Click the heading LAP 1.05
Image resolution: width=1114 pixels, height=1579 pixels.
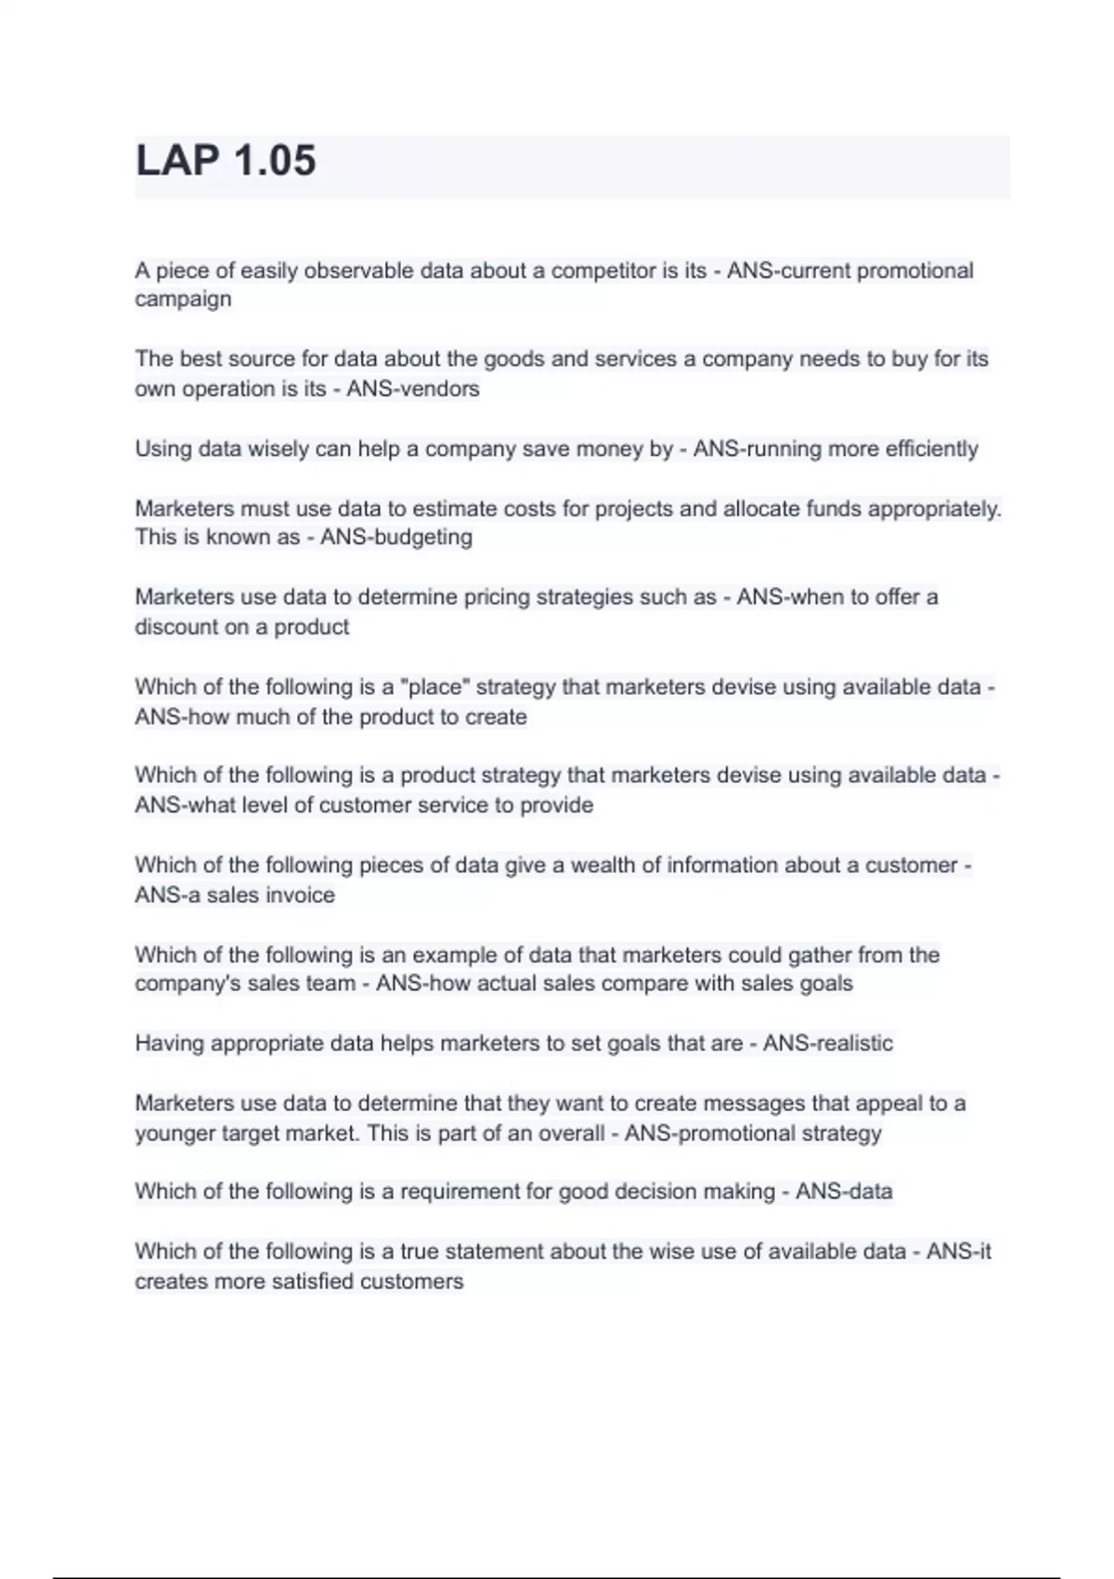226,161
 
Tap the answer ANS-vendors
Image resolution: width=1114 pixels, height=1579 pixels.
413,388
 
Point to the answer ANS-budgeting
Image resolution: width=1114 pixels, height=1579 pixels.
396,537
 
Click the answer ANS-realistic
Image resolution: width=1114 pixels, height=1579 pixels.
828,1043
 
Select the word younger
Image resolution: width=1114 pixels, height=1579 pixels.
174,1133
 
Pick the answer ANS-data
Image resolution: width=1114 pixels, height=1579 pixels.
844,1192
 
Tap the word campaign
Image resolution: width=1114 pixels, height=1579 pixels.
183,300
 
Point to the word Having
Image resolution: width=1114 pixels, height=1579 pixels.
169,1043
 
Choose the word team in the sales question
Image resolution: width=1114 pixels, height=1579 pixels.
330,984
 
